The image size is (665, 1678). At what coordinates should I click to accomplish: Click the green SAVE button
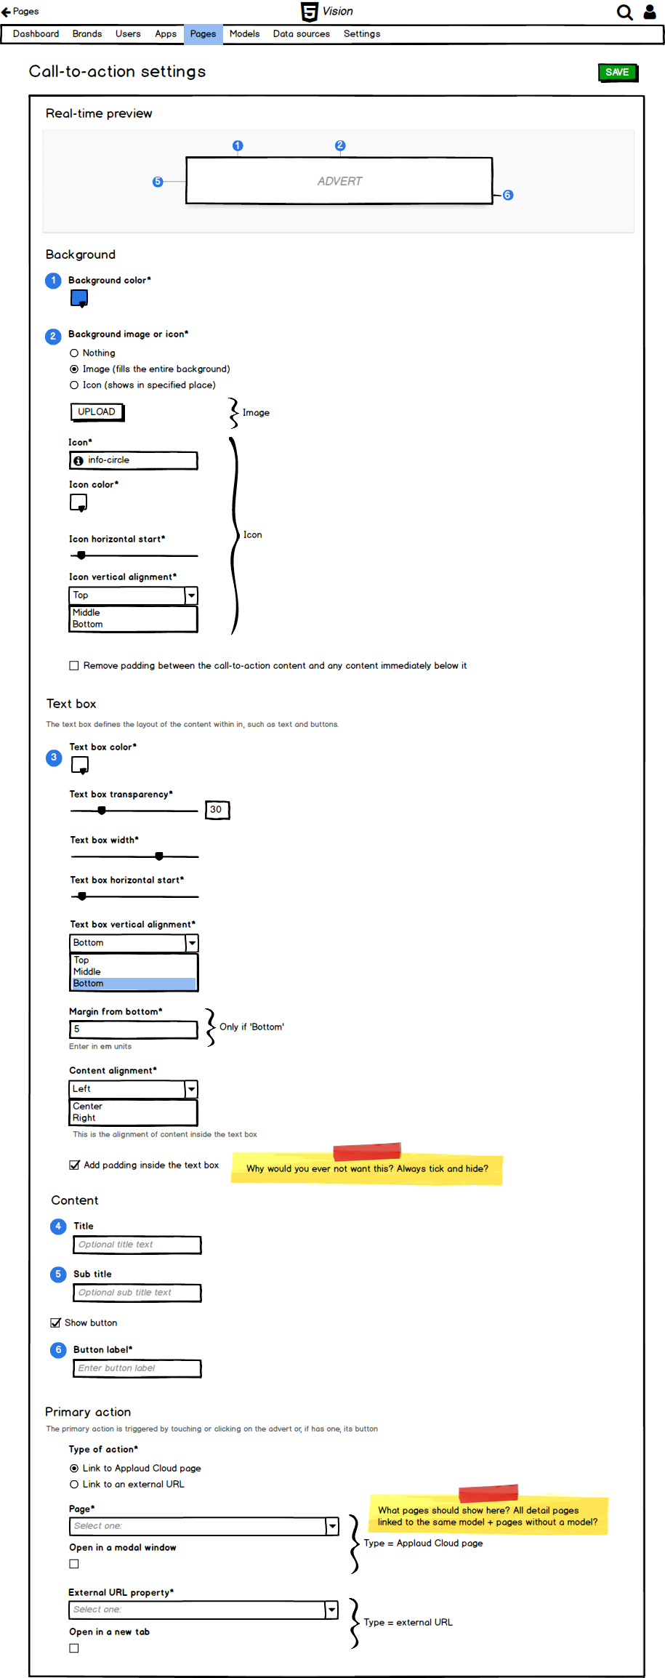pyautogui.click(x=616, y=72)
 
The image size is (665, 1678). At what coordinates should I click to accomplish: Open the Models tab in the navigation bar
pyautogui.click(x=244, y=34)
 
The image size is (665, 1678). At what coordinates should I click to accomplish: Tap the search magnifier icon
pyautogui.click(x=624, y=12)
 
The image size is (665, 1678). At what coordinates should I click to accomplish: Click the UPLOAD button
pyautogui.click(x=97, y=412)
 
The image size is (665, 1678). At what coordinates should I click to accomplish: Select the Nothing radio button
pyautogui.click(x=74, y=353)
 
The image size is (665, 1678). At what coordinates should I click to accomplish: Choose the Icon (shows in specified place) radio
pyautogui.click(x=74, y=385)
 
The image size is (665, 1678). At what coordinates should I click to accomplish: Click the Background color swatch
pyautogui.click(x=79, y=298)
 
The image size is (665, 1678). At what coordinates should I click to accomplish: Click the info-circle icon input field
pyautogui.click(x=134, y=460)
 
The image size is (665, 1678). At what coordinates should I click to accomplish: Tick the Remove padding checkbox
pyautogui.click(x=74, y=666)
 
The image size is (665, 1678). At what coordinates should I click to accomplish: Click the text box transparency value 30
pyautogui.click(x=217, y=810)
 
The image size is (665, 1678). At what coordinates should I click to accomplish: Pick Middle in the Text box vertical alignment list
pyautogui.click(x=87, y=972)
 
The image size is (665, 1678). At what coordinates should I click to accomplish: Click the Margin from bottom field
pyautogui.click(x=134, y=1029)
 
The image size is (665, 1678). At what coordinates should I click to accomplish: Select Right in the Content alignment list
pyautogui.click(x=84, y=1118)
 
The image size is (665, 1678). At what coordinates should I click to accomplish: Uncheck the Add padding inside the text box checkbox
pyautogui.click(x=74, y=1165)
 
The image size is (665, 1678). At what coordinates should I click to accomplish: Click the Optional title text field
pyautogui.click(x=137, y=1245)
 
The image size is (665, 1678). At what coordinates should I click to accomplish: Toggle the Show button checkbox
pyautogui.click(x=55, y=1323)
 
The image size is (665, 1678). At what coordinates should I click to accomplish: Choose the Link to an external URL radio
pyautogui.click(x=74, y=1485)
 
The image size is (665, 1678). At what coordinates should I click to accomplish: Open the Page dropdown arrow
pyautogui.click(x=332, y=1526)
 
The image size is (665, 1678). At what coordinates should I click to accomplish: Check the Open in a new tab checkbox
pyautogui.click(x=74, y=1648)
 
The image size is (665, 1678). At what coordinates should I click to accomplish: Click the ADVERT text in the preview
pyautogui.click(x=339, y=181)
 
